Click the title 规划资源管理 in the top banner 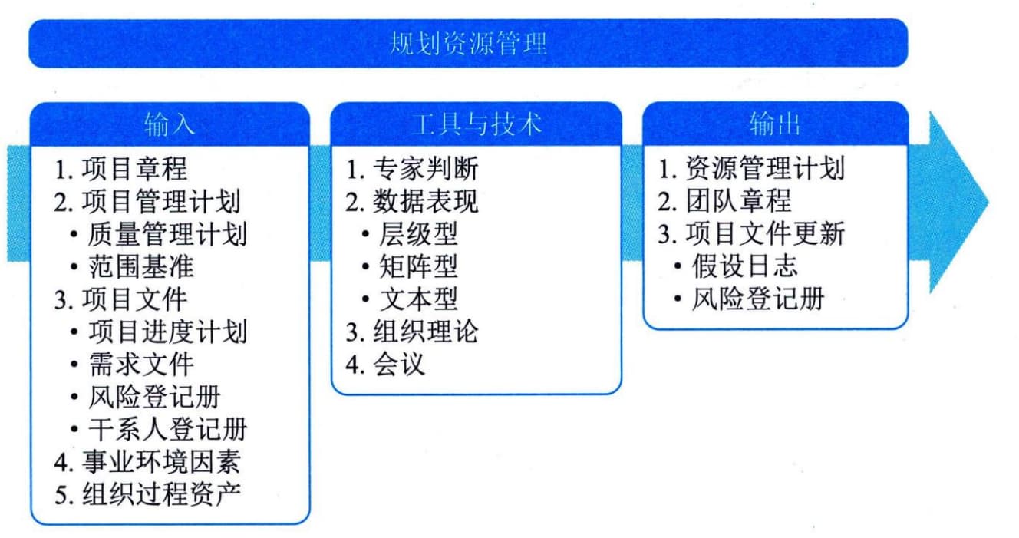pyautogui.click(x=468, y=44)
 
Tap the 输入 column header pyautogui.click(x=170, y=124)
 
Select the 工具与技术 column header pyautogui.click(x=477, y=124)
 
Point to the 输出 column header pyautogui.click(x=775, y=124)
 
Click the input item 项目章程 pyautogui.click(x=134, y=169)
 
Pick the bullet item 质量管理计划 pyautogui.click(x=167, y=234)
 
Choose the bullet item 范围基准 pyautogui.click(x=141, y=267)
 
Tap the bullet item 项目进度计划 pyautogui.click(x=167, y=332)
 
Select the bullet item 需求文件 pyautogui.click(x=141, y=365)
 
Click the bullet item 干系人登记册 pyautogui.click(x=167, y=429)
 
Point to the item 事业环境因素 pyautogui.click(x=161, y=462)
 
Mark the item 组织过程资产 pyautogui.click(x=161, y=494)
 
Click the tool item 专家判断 pyautogui.click(x=425, y=169)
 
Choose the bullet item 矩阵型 pyautogui.click(x=418, y=267)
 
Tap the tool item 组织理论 pyautogui.click(x=425, y=332)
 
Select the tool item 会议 pyautogui.click(x=399, y=365)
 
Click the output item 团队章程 pyautogui.click(x=738, y=201)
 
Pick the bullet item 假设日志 pyautogui.click(x=745, y=266)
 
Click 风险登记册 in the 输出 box pyautogui.click(x=758, y=299)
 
